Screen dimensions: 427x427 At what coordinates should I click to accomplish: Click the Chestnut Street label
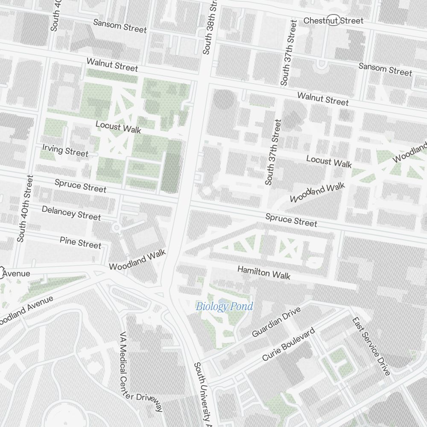(333, 20)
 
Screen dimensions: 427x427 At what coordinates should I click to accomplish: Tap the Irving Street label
(65, 150)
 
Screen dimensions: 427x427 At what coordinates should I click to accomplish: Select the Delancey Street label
(71, 213)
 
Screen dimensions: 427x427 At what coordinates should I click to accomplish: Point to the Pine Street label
(80, 243)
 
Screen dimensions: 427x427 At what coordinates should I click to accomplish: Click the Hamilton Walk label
(264, 272)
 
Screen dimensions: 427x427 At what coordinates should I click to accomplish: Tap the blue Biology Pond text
(224, 306)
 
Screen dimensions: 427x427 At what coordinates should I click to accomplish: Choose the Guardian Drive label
(276, 322)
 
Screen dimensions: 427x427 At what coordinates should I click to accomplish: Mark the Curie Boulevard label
(288, 344)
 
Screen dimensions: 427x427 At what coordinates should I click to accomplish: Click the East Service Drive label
(371, 346)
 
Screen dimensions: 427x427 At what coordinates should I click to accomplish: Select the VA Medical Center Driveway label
(141, 371)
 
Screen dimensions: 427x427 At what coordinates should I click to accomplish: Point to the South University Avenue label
(203, 395)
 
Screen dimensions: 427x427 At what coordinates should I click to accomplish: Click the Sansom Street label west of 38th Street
(120, 26)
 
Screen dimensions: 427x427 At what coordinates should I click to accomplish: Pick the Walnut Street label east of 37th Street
(323, 99)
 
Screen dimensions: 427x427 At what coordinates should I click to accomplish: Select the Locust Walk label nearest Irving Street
(118, 127)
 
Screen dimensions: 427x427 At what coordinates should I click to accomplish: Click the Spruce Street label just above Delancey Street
(80, 186)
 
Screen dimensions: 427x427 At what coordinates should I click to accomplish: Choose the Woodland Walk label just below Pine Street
(137, 260)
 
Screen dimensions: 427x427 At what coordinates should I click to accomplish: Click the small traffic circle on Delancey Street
(116, 228)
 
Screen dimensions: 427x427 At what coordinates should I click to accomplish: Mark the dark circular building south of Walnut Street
(224, 99)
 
